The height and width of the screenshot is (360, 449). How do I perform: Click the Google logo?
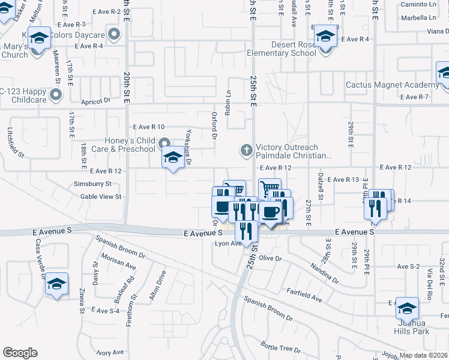tap(20, 353)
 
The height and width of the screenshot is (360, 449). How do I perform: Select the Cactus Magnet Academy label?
tap(392, 85)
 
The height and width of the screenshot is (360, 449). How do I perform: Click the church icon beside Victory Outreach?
tap(246, 150)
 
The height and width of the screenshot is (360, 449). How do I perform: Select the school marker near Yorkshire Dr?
tap(172, 158)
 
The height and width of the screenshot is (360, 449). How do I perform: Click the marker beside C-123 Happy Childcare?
tap(56, 94)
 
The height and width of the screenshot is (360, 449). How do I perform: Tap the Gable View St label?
tap(101, 196)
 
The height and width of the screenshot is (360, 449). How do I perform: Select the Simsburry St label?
tap(92, 184)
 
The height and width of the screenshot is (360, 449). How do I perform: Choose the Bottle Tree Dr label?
tap(280, 347)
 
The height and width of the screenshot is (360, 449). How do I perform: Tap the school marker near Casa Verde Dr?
tap(56, 283)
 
